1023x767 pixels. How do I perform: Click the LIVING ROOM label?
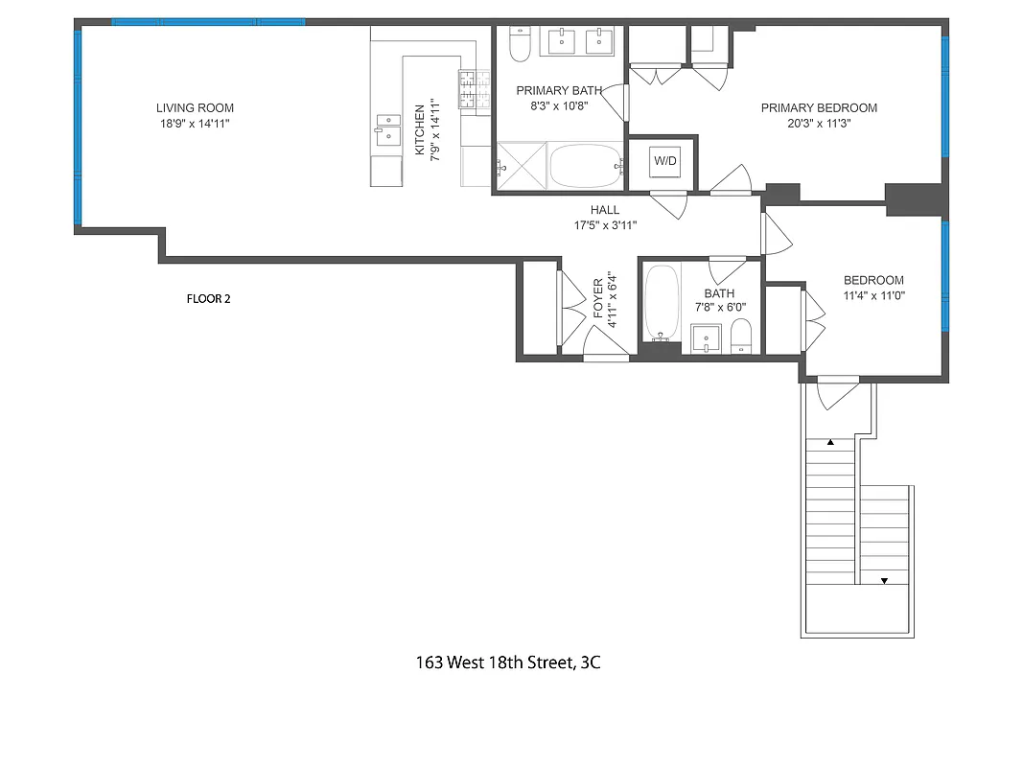[x=196, y=108]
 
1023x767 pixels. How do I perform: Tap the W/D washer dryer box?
[x=665, y=161]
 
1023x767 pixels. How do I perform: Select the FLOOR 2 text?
[x=208, y=299]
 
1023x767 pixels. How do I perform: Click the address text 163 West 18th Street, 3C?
[x=508, y=662]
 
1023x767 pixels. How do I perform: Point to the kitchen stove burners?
[x=468, y=88]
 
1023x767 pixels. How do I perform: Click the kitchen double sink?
[x=388, y=128]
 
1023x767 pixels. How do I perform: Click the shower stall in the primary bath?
[x=521, y=166]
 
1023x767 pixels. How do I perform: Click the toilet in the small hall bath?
[x=741, y=336]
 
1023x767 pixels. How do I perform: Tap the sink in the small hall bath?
[x=707, y=338]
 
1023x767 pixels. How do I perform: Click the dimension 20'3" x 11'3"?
[x=819, y=123]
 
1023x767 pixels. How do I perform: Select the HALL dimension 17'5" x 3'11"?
[x=604, y=224]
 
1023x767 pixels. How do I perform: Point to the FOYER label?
[x=598, y=299]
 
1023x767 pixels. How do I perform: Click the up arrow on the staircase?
[x=830, y=443]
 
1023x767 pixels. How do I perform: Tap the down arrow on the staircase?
[x=884, y=581]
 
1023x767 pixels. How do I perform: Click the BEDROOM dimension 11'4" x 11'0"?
[x=873, y=295]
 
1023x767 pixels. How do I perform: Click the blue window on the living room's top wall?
[x=208, y=22]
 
